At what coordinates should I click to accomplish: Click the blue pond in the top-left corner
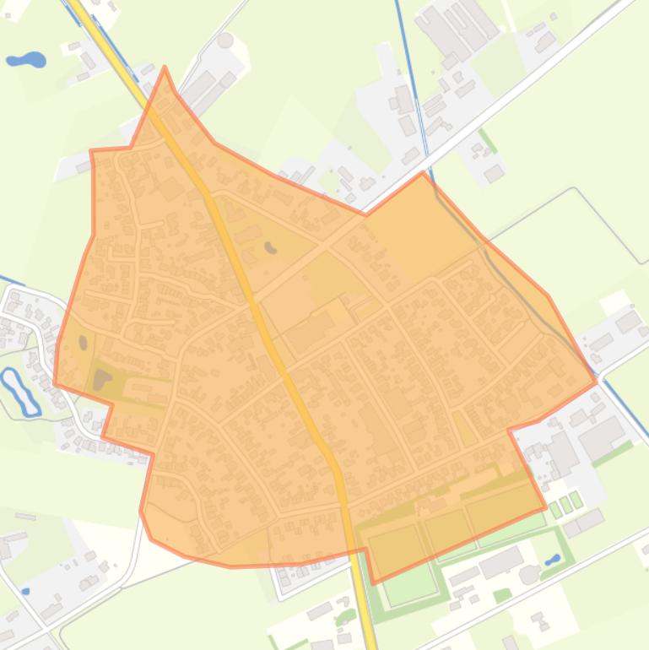coord(25,60)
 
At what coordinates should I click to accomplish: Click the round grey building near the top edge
coord(225,40)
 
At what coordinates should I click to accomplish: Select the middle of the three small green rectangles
coord(567,505)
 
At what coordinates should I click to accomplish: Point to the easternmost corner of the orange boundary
coord(596,382)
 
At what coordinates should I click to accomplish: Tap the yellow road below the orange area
coord(368,608)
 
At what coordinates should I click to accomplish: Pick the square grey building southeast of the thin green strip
coord(494,173)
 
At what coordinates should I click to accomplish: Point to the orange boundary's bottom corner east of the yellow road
coord(374,582)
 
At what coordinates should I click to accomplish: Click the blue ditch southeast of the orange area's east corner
coord(625,405)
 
